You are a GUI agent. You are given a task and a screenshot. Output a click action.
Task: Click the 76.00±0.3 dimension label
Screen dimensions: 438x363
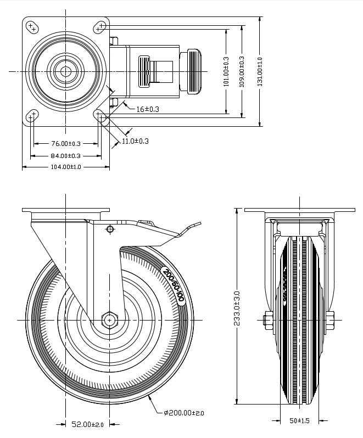65,144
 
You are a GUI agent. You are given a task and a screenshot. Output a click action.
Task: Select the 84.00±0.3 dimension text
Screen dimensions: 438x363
65,156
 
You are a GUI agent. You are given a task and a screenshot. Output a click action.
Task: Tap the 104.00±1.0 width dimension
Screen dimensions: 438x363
65,167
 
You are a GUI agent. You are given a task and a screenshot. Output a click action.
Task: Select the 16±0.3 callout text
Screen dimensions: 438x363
147,109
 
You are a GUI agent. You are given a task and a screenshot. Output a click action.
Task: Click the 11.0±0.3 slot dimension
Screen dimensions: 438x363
135,141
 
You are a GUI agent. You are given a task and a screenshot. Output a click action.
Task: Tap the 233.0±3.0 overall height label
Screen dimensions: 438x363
237,308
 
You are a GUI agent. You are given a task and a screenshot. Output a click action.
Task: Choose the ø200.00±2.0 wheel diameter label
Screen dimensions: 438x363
183,413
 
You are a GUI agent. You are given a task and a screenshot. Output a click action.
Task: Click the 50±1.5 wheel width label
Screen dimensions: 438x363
300,421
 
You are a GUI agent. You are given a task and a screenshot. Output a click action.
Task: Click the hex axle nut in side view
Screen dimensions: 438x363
110,319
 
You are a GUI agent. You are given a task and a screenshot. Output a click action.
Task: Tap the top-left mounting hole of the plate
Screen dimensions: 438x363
32,26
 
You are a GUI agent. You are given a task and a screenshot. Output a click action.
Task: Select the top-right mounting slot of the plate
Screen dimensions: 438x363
100,26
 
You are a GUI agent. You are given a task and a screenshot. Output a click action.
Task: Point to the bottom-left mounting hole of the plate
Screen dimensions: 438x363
32,115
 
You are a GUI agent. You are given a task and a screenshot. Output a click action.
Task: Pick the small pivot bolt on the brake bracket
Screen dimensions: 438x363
110,229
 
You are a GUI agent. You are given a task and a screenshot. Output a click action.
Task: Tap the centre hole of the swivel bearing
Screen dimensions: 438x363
66,71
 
